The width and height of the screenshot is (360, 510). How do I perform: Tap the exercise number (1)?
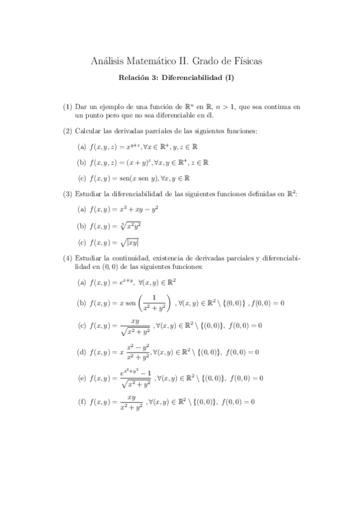[x=67, y=106]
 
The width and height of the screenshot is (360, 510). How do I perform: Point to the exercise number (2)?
[x=67, y=131]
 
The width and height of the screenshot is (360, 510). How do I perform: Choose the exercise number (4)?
[x=67, y=259]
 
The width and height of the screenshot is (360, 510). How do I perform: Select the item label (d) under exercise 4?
[x=82, y=352]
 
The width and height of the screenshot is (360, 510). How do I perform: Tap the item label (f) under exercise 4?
[x=82, y=402]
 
